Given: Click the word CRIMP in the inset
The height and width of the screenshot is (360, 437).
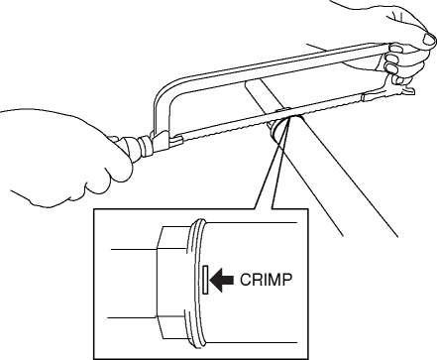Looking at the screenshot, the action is tap(266, 280).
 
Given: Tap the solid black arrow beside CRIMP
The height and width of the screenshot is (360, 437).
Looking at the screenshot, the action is tap(222, 280).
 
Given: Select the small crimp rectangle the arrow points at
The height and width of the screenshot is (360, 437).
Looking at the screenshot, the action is tap(205, 280).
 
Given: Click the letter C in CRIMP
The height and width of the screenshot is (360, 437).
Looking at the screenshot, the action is tap(246, 280).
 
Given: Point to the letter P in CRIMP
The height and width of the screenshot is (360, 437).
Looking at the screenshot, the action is tap(287, 280).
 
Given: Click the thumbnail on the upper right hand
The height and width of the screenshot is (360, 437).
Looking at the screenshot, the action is tap(429, 39).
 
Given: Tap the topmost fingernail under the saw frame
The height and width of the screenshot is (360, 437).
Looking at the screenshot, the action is tap(395, 49).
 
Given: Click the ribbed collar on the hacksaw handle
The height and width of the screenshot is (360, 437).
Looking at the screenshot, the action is tap(146, 146).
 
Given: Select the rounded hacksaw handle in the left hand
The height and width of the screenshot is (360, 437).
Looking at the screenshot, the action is tap(127, 150).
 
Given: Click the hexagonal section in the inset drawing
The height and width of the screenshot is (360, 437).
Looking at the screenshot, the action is tap(171, 283).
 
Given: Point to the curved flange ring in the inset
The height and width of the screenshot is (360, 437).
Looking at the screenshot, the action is tap(195, 284).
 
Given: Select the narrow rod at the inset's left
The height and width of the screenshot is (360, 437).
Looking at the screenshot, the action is tap(132, 284).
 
